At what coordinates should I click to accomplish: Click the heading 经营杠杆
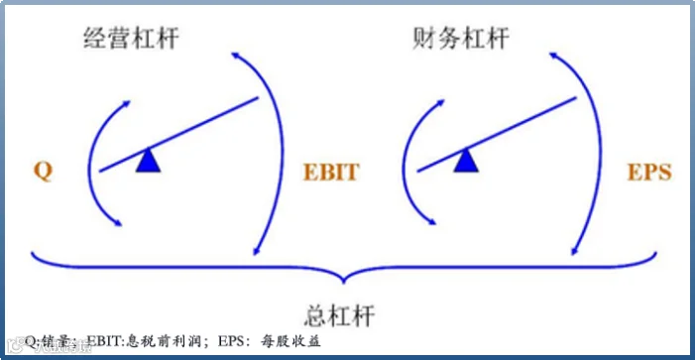click(x=131, y=39)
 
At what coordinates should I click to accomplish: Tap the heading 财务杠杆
click(x=461, y=39)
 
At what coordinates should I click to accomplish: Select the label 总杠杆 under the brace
click(x=340, y=315)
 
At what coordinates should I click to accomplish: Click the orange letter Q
click(x=43, y=172)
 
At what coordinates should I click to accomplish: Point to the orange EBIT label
click(x=331, y=173)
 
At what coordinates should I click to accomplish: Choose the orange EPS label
click(x=649, y=173)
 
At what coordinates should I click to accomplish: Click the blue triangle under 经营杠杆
click(x=149, y=161)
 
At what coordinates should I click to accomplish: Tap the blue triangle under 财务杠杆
click(x=466, y=161)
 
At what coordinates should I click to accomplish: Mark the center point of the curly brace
click(x=343, y=281)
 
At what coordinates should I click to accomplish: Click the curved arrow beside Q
click(x=89, y=165)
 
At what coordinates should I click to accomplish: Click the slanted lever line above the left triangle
click(x=178, y=134)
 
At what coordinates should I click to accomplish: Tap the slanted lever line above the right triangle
click(x=497, y=134)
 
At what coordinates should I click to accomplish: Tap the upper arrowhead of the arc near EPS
click(x=553, y=56)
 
